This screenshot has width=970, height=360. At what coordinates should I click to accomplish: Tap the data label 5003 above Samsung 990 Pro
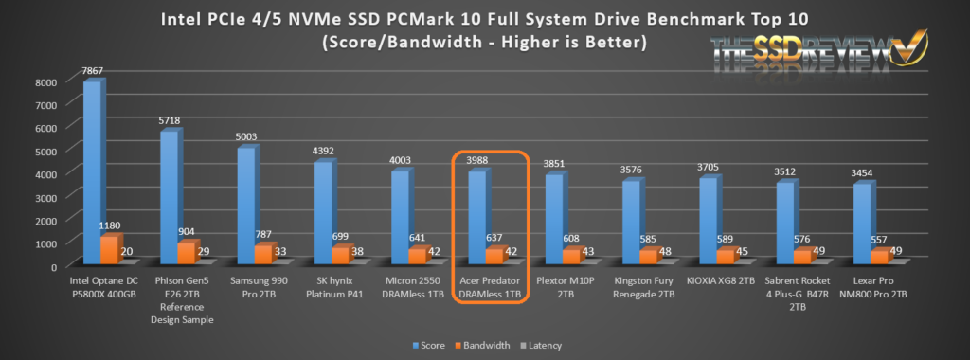tap(245, 137)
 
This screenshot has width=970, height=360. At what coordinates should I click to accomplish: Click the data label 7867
tap(92, 70)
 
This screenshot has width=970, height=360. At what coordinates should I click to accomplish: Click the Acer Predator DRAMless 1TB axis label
tap(490, 288)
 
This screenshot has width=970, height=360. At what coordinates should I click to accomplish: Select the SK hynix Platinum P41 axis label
tap(334, 288)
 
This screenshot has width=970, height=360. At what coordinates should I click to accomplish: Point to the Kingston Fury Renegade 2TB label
tap(644, 288)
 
